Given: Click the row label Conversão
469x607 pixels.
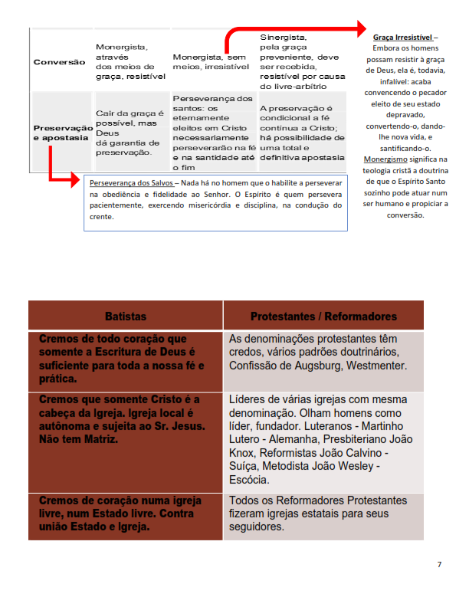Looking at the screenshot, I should (x=60, y=62).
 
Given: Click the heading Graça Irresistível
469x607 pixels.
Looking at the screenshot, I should (x=403, y=37).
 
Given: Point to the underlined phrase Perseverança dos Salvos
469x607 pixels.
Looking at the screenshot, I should (x=131, y=184).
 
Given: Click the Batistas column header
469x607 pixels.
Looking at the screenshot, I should (x=126, y=316).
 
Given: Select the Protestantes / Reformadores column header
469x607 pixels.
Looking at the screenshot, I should (x=323, y=316).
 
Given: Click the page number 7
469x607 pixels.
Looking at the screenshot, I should (x=439, y=565).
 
